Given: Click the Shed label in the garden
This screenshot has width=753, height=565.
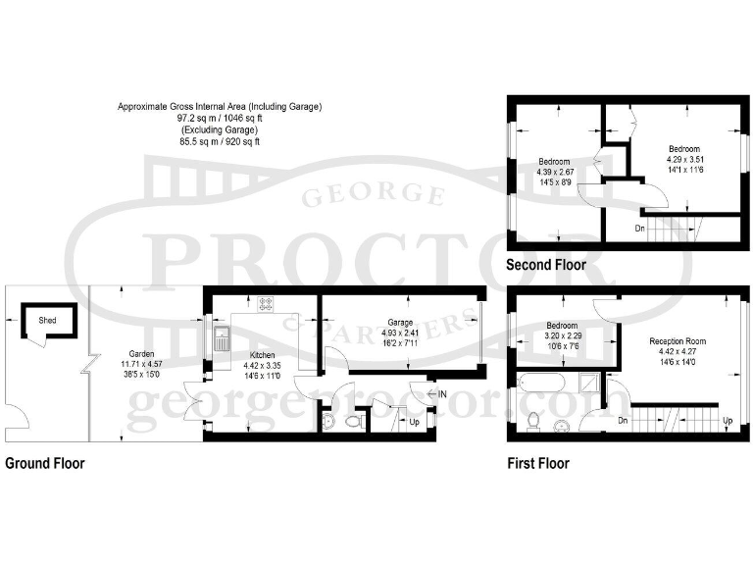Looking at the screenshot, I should pyautogui.click(x=46, y=320).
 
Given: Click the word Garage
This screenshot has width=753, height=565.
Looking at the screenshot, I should pyautogui.click(x=398, y=322).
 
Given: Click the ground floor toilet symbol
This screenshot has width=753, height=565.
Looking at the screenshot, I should pyautogui.click(x=356, y=420).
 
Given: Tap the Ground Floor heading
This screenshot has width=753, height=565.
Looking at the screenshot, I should pyautogui.click(x=45, y=463).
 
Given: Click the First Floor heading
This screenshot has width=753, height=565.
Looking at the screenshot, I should pyautogui.click(x=537, y=463).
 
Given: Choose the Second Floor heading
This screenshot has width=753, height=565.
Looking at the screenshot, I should pyautogui.click(x=545, y=265).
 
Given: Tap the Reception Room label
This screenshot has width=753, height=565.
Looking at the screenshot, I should pyautogui.click(x=678, y=341).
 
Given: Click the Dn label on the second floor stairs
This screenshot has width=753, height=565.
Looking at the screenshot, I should pyautogui.click(x=638, y=228).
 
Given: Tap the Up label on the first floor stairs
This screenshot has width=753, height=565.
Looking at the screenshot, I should pyautogui.click(x=727, y=421).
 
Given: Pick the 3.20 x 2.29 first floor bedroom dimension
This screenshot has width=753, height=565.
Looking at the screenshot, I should pyautogui.click(x=561, y=335).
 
